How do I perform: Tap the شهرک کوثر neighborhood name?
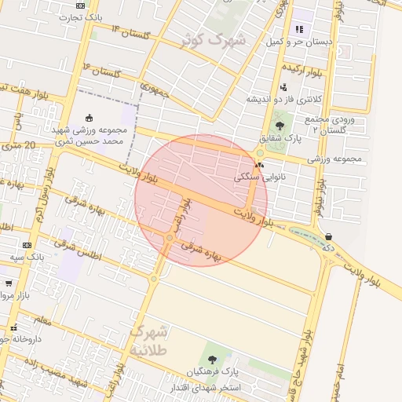(214, 38)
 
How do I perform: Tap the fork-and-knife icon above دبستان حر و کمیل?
(298, 30)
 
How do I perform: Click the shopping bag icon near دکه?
(327, 236)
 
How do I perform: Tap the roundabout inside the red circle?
(170, 238)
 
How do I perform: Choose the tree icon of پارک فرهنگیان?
(212, 360)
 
